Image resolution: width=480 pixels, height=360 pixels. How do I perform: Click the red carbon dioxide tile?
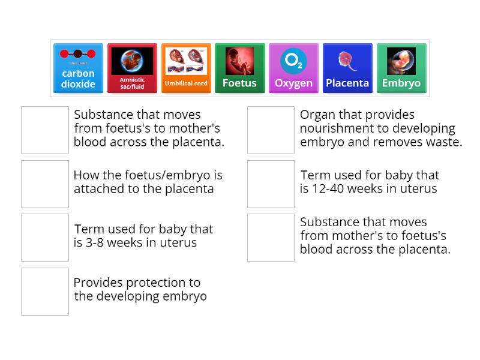pos(78,68)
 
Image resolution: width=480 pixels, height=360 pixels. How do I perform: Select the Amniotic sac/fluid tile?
pos(132,68)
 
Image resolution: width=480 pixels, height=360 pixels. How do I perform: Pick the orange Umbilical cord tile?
pos(186,68)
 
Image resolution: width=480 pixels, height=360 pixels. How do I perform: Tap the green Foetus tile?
pos(239,68)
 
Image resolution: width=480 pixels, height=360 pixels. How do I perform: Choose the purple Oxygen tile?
pos(293,68)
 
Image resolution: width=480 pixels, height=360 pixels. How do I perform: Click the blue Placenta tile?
pos(347,68)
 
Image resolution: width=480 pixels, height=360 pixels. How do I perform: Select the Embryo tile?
pos(401,68)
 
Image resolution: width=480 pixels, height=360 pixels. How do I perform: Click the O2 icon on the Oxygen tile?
pos(293,61)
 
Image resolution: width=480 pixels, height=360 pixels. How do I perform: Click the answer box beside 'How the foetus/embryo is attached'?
pos(45,184)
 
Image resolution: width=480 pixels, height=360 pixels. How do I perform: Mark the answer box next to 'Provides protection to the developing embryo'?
pos(45,291)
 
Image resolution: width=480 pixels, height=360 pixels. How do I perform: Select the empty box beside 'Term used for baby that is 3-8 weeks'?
pos(45,238)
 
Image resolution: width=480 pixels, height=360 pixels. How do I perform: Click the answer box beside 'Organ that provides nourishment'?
pos(271,130)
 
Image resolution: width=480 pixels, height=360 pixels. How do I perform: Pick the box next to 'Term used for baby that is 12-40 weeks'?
pos(271,184)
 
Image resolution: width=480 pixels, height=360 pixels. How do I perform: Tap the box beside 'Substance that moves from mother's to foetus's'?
pos(271,238)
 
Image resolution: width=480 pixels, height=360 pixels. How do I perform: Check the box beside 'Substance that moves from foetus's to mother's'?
pos(45,130)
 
